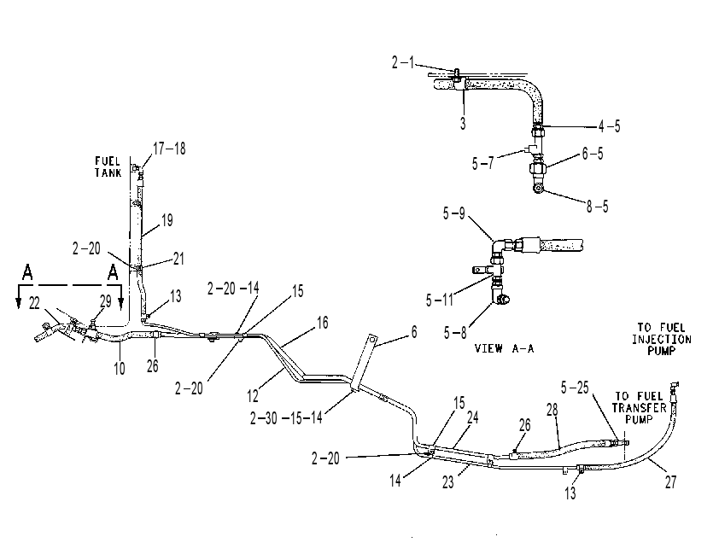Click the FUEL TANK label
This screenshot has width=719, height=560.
108,166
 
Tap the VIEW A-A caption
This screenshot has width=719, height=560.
504,349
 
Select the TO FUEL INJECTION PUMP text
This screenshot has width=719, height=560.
661,339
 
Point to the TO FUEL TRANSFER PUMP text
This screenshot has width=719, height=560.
639,408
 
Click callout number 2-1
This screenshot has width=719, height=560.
402,62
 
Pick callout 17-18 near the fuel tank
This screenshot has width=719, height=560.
169,149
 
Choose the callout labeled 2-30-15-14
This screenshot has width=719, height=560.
286,418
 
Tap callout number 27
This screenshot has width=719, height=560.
670,482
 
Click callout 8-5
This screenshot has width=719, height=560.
597,207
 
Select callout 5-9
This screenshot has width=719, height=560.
454,213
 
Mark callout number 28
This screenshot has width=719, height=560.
552,410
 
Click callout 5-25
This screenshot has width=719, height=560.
575,388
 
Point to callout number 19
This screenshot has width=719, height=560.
167,220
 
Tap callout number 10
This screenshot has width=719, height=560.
120,368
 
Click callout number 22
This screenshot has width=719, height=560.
34,303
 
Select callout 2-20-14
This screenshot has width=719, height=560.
233,289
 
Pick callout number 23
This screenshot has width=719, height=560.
447,481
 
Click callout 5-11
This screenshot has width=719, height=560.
439,300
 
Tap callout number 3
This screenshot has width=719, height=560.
463,123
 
